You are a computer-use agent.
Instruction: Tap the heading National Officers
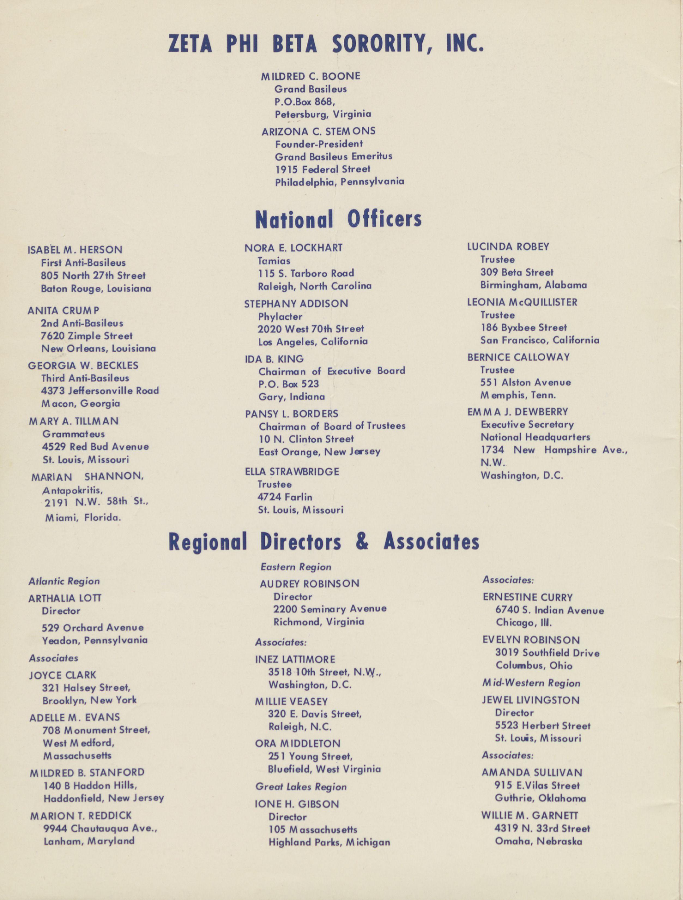click(338, 219)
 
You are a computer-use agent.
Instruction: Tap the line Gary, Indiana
click(292, 397)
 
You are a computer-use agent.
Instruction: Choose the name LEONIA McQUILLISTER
click(522, 302)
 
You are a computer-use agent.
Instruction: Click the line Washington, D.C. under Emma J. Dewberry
click(522, 475)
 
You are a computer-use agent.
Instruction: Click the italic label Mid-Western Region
click(531, 683)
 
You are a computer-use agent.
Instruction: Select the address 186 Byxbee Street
click(523, 328)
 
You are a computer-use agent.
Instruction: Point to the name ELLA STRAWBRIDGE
click(292, 472)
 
